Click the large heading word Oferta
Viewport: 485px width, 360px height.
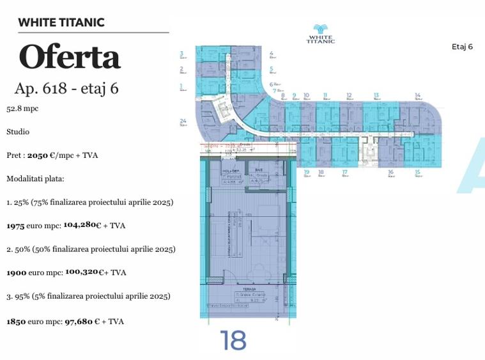pos(70,57)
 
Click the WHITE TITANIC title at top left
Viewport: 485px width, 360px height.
pos(61,23)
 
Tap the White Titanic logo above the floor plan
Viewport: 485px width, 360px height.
pos(321,33)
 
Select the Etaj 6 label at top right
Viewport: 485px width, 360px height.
pos(462,47)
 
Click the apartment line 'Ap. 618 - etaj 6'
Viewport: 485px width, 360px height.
pos(66,89)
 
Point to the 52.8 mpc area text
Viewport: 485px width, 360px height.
pos(22,109)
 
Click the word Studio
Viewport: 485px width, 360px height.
pos(18,132)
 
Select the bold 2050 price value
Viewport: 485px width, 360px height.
pos(38,155)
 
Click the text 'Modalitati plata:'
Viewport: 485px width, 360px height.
pos(36,178)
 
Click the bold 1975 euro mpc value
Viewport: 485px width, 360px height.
pos(16,226)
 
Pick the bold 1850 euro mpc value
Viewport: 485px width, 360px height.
pos(16,322)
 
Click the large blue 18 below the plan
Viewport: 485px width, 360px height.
pos(233,341)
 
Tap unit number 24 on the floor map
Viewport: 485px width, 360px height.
pos(183,120)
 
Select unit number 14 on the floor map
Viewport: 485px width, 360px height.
pos(417,96)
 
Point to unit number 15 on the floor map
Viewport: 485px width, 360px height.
pos(417,172)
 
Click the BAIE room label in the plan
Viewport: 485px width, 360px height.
pos(259,170)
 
